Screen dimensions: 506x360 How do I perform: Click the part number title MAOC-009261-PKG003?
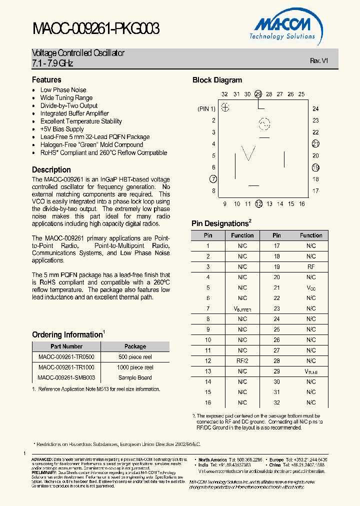coord(96,29)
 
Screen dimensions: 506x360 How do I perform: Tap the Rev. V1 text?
coord(318,60)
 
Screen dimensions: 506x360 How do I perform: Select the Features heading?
coord(46,80)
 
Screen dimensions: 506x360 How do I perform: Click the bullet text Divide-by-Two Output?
coord(69,105)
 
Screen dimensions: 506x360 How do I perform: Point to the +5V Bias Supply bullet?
coord(62,129)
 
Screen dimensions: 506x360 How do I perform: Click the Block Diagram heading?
coord(217,80)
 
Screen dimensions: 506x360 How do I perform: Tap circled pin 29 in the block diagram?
coord(258,94)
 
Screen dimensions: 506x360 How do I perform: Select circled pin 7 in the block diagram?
coord(213,179)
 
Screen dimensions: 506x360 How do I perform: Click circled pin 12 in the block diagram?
coord(258,203)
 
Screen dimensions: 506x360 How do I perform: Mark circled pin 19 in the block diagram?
coord(315,167)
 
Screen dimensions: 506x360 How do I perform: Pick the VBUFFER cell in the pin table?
coord(242,309)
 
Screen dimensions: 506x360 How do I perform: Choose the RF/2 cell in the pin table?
coord(242,361)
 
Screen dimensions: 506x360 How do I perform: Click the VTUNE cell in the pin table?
coord(311,371)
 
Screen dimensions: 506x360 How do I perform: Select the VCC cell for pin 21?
coord(311,288)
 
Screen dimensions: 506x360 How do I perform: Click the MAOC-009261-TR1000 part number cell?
coord(66,367)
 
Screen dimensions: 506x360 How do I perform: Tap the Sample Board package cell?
coord(135,378)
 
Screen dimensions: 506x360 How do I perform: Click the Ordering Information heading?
coord(67,335)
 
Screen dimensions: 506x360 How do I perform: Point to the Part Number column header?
coord(66,346)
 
